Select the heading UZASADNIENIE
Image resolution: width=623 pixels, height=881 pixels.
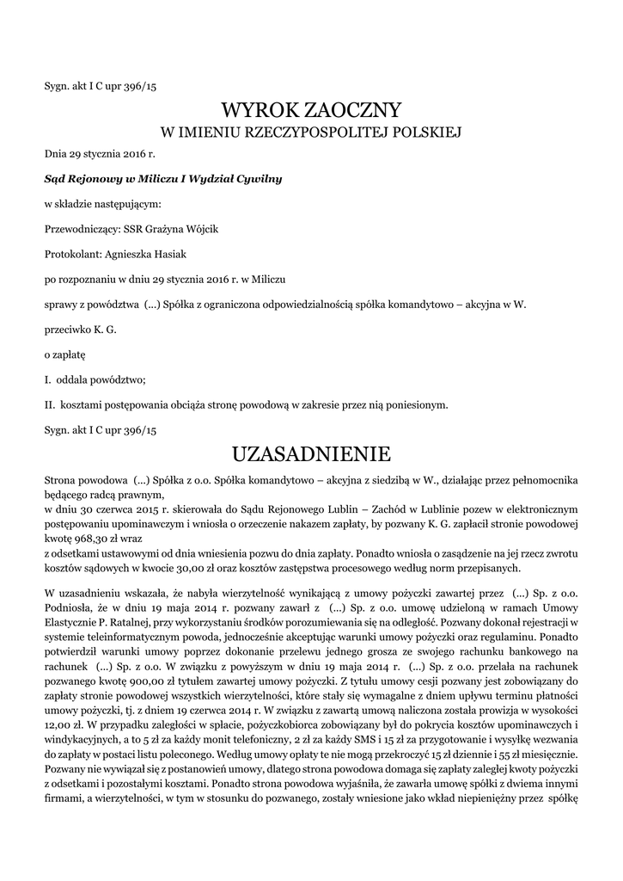[x=311, y=453]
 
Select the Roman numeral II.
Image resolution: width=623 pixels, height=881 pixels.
[x=50, y=404]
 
